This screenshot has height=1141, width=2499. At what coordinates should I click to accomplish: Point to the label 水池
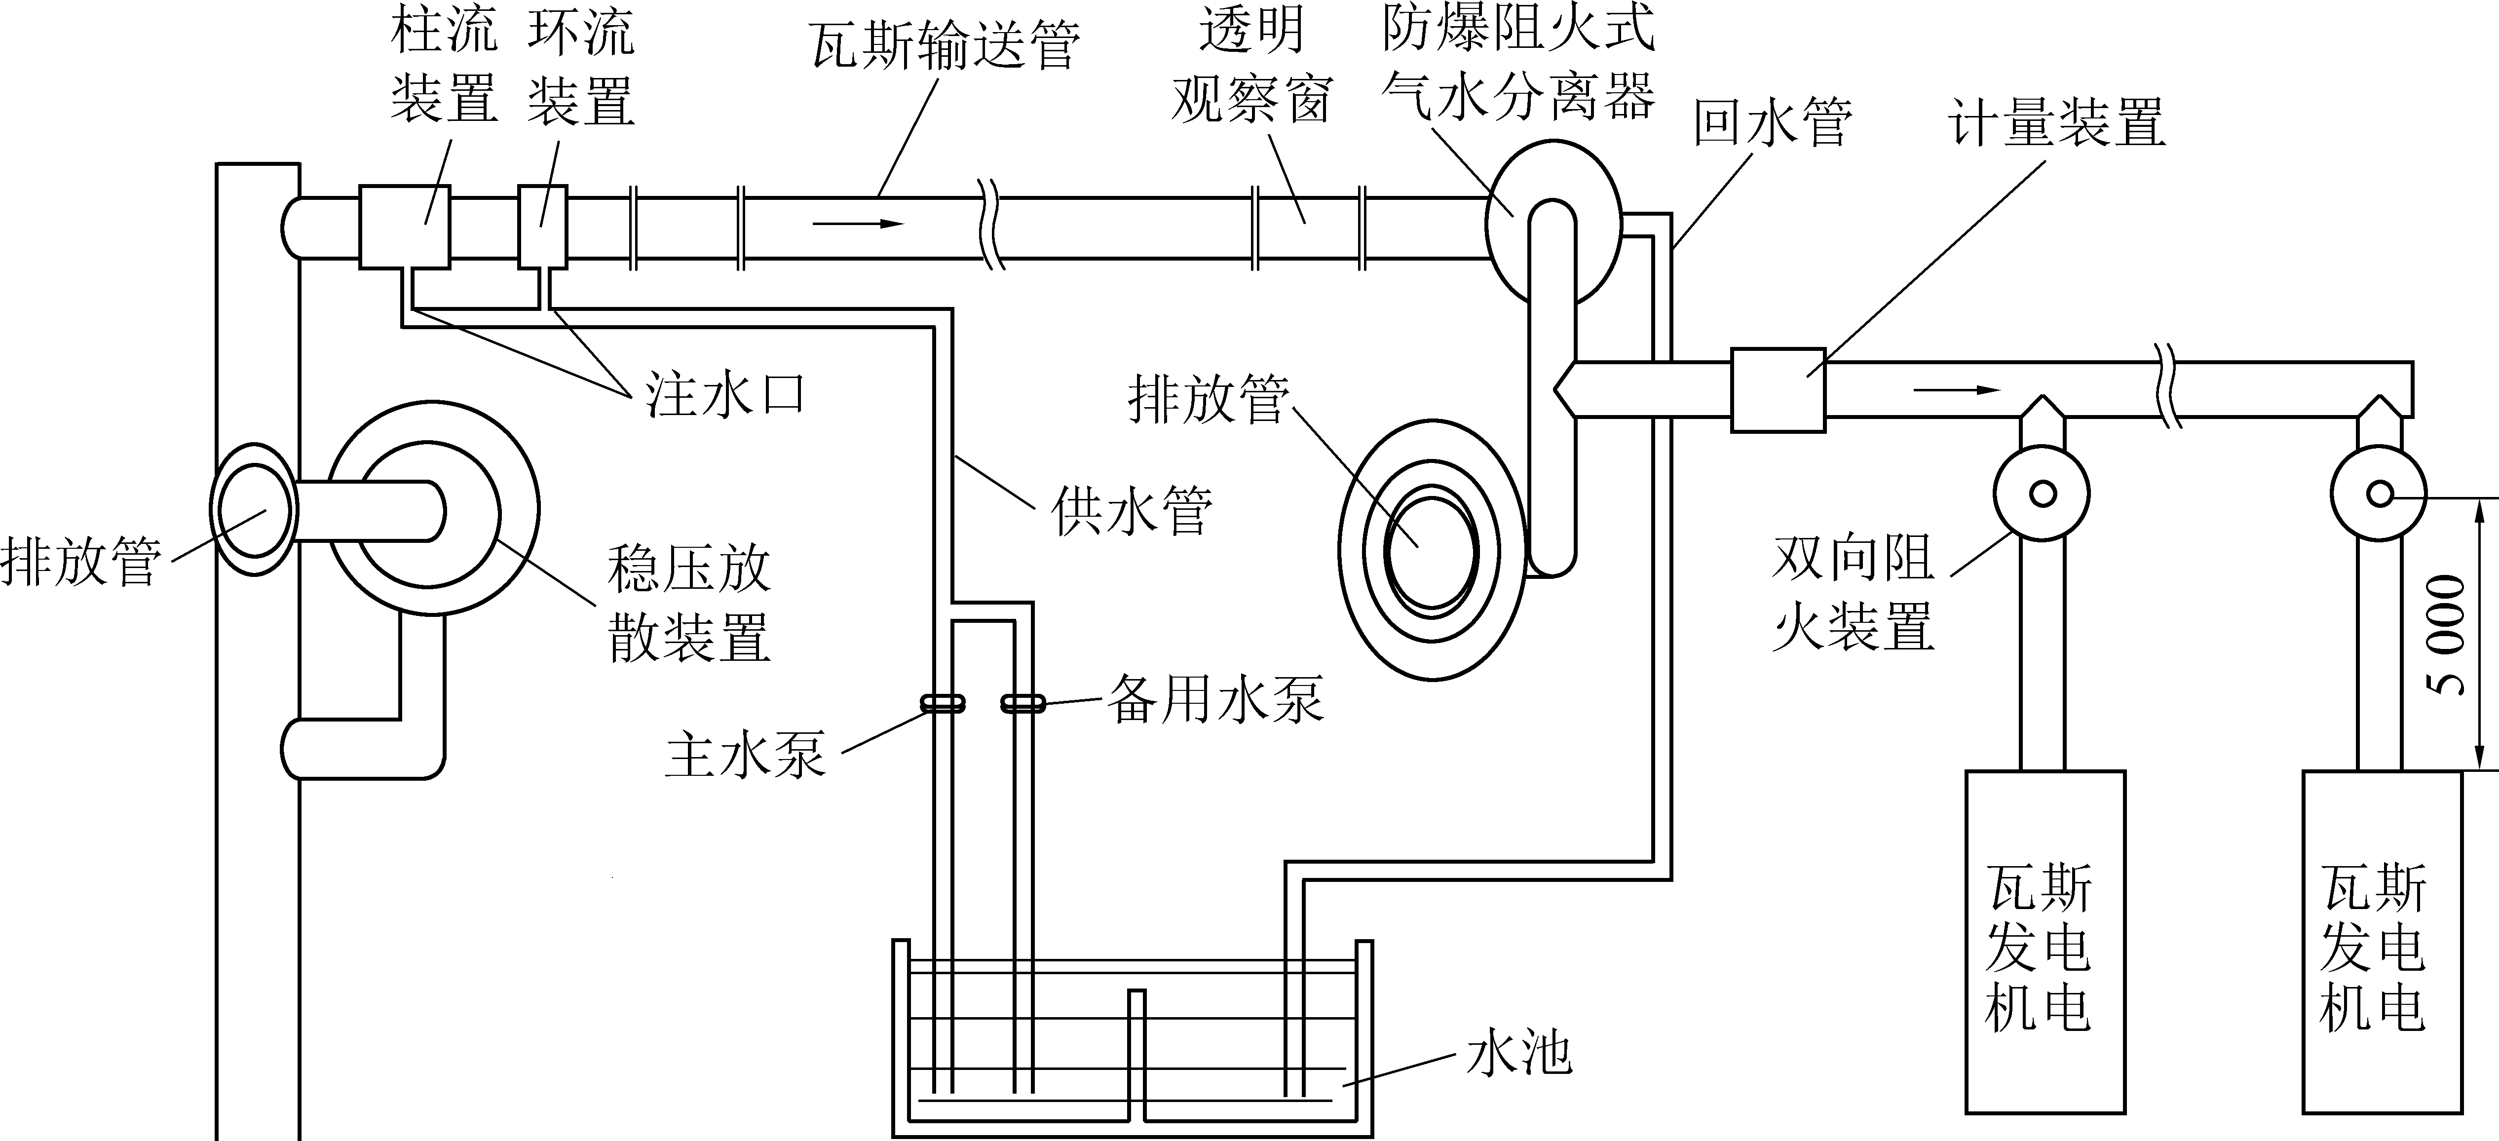coord(1518,1054)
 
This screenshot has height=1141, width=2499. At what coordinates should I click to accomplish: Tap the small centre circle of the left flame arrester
coord(2042,494)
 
